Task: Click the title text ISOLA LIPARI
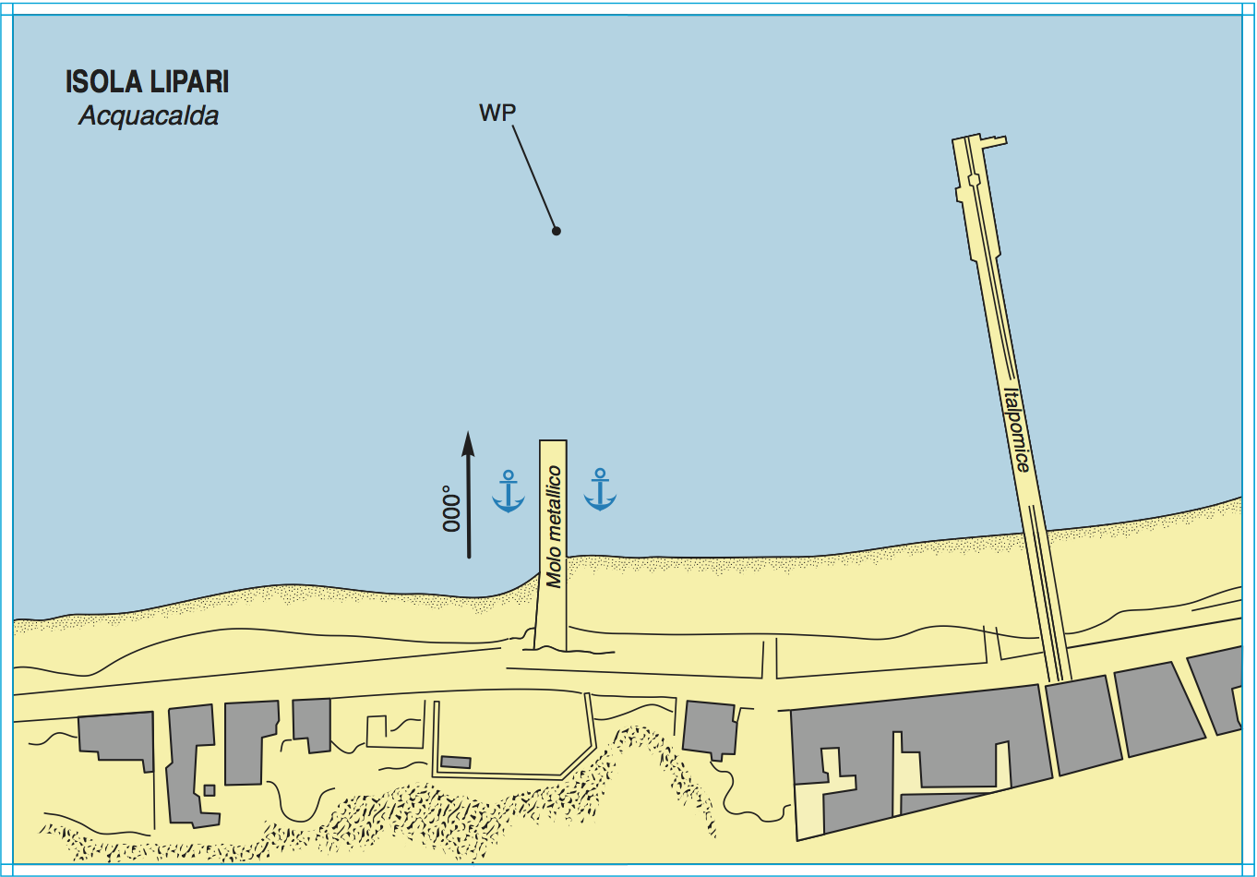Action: click(x=147, y=82)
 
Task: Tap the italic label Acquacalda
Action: click(x=149, y=116)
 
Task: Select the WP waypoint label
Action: click(x=497, y=113)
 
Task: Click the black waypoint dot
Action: click(x=557, y=231)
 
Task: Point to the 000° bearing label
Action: click(x=451, y=509)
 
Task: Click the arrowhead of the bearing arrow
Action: click(x=468, y=444)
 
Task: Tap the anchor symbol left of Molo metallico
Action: click(x=509, y=491)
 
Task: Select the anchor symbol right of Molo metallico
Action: click(x=601, y=489)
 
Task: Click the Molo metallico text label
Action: click(x=554, y=527)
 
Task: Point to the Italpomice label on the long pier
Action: click(x=1017, y=430)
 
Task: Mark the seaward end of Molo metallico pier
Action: click(x=553, y=441)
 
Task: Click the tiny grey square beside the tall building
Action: click(x=209, y=790)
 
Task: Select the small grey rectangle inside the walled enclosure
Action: click(x=456, y=762)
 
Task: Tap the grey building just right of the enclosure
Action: click(x=710, y=729)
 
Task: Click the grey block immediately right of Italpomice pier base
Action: click(x=1083, y=726)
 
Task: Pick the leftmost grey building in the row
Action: click(x=116, y=737)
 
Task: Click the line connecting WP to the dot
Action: click(x=533, y=176)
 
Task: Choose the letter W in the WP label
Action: click(x=489, y=113)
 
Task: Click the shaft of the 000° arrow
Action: click(x=469, y=507)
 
